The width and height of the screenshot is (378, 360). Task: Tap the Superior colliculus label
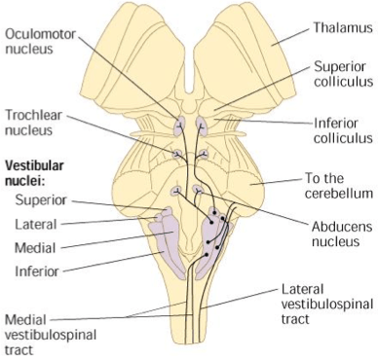pos(338,75)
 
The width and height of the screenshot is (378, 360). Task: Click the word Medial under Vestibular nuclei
pos(35,246)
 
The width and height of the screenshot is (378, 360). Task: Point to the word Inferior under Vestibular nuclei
pos(37,270)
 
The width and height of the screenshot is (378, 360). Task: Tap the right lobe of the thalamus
pos(248,49)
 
